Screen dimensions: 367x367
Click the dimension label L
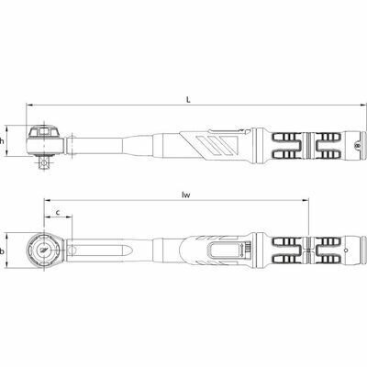[x=189, y=100]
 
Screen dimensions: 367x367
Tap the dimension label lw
[x=185, y=195]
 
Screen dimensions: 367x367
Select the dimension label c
[x=58, y=212]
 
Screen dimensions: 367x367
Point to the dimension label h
[x=2, y=141]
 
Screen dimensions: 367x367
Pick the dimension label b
[x=2, y=251]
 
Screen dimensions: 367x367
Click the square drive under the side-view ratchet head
[x=45, y=162]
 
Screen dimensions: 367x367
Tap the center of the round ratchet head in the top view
[x=45, y=250]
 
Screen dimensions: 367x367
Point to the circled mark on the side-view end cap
[x=357, y=146]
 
